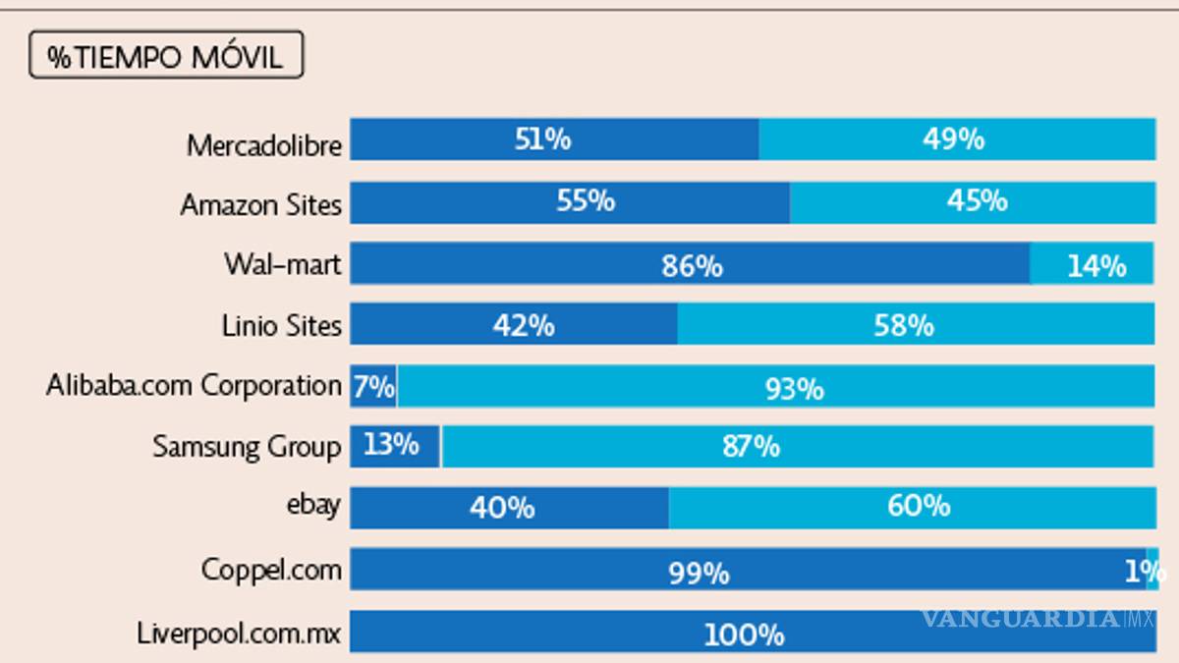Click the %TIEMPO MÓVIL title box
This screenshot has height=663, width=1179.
click(x=165, y=56)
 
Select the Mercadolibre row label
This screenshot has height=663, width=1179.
click(x=264, y=145)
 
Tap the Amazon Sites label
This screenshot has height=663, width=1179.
click(x=261, y=204)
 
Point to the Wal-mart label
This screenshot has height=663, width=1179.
click(x=283, y=264)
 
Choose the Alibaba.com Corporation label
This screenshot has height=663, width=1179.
click(x=194, y=384)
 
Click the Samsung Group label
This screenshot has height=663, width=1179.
click(x=247, y=446)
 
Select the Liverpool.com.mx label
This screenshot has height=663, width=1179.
click(x=240, y=632)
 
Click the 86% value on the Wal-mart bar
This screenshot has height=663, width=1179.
click(x=692, y=265)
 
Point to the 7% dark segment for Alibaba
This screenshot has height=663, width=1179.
click(x=373, y=385)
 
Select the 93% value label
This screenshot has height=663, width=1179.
click(x=794, y=389)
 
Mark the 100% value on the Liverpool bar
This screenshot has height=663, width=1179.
click(x=744, y=635)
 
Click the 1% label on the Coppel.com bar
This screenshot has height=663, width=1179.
click(x=1145, y=571)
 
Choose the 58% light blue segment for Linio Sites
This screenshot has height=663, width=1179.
click(x=904, y=324)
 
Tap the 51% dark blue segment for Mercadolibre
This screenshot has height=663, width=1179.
click(x=543, y=139)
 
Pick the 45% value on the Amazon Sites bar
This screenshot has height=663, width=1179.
click(x=977, y=200)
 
